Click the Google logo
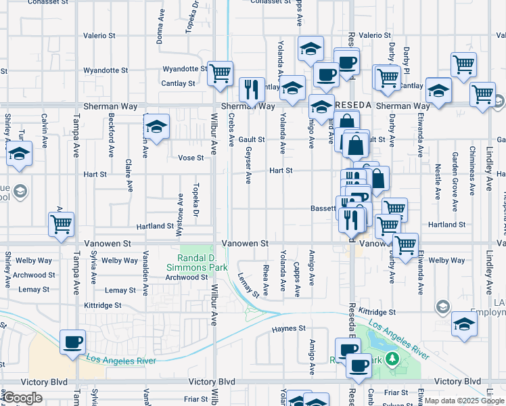pyautogui.click(x=22, y=398)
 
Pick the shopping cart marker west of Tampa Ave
pyautogui.click(x=61, y=223)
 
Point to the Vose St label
pyautogui.click(x=191, y=158)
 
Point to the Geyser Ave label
pyautogui.click(x=248, y=166)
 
